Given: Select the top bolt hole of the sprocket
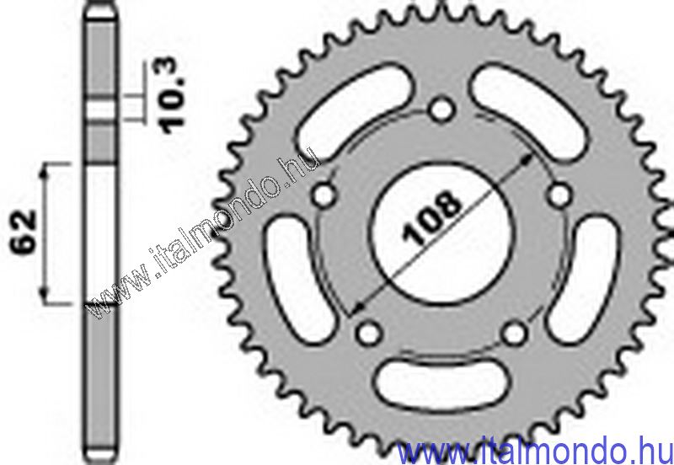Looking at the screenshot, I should (438, 110).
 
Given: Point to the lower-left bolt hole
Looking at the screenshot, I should (366, 333).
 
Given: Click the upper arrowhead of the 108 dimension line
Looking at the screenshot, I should (527, 158).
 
